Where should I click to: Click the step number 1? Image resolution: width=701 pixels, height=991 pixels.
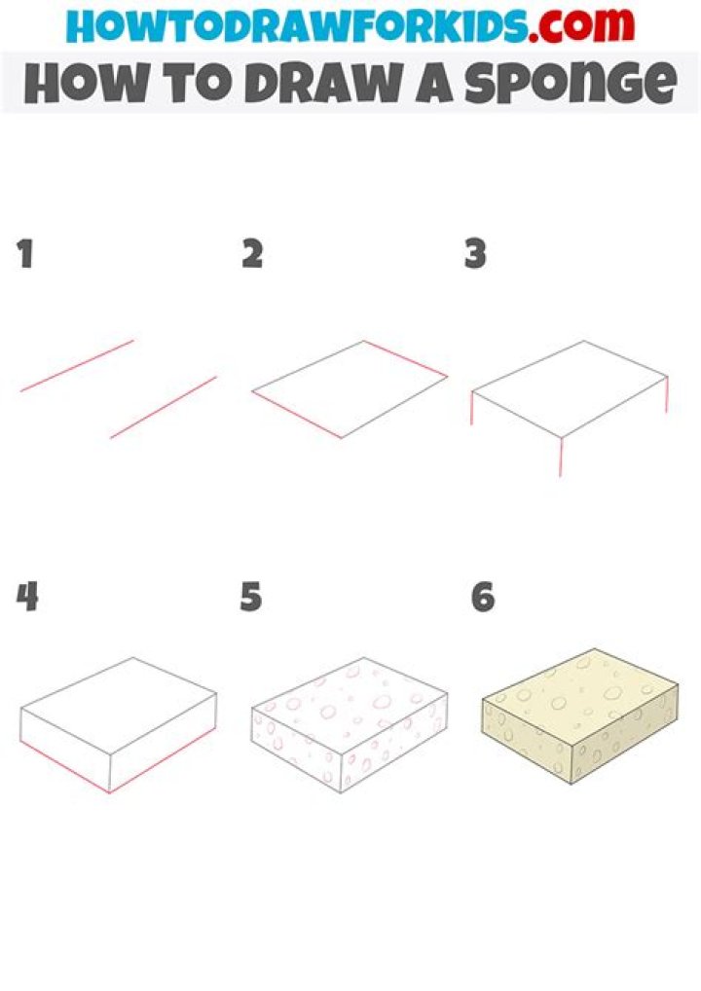pyautogui.click(x=25, y=255)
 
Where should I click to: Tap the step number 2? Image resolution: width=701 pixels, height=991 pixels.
pyautogui.click(x=252, y=255)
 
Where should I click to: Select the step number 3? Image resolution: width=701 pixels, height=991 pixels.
pyautogui.click(x=475, y=255)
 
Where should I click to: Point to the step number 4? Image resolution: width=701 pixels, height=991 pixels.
pyautogui.click(x=27, y=597)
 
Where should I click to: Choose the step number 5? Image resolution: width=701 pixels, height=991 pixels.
pyautogui.click(x=251, y=597)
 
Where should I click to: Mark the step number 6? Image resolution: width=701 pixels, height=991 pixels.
pyautogui.click(x=483, y=597)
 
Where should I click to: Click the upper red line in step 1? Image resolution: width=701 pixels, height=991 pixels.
pyautogui.click(x=77, y=366)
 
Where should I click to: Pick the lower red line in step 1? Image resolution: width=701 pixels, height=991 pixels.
pyautogui.click(x=163, y=407)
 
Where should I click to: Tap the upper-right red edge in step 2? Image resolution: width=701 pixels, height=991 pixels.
pyautogui.click(x=406, y=358)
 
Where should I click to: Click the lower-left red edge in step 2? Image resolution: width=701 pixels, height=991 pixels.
pyautogui.click(x=296, y=416)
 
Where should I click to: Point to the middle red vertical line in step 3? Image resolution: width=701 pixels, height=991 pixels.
pyautogui.click(x=560, y=457)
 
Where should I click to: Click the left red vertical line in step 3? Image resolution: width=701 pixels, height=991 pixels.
pyautogui.click(x=472, y=408)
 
